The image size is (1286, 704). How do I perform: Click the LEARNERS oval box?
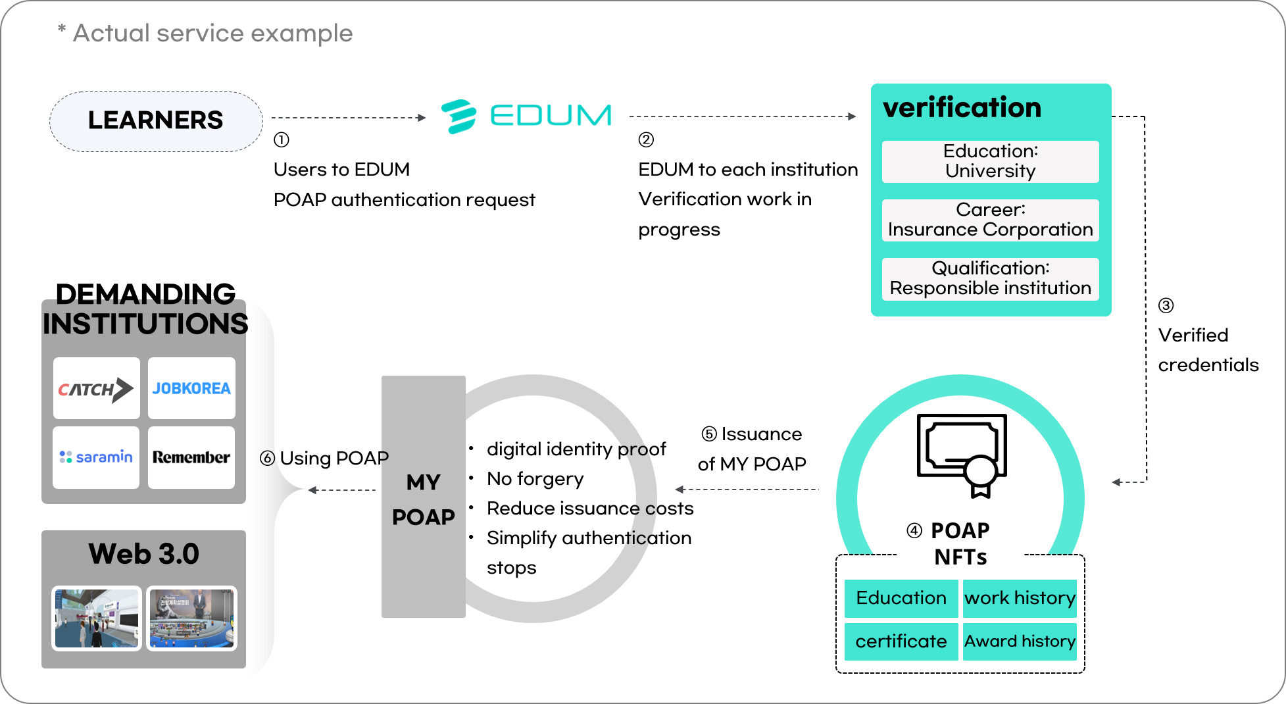[x=156, y=121]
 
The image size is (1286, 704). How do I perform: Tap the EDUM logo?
[x=526, y=116]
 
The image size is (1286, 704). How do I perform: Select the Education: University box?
[x=990, y=161]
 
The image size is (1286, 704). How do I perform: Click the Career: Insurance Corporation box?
[x=990, y=220]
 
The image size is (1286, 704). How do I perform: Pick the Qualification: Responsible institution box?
[x=990, y=278]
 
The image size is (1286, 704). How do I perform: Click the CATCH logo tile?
[x=96, y=388]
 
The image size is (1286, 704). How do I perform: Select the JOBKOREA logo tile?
[x=191, y=388]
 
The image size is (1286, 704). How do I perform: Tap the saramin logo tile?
[x=96, y=457]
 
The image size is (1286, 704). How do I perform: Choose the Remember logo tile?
[x=191, y=457]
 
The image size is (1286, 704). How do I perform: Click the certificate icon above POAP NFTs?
[x=962, y=454]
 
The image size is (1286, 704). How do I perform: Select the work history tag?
[x=1020, y=598]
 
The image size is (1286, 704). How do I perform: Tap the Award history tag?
[x=1020, y=641]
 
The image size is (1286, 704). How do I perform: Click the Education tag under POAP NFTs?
[x=901, y=598]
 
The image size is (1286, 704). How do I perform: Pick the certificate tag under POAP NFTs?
[x=901, y=641]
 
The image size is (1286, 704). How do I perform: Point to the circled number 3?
[x=1166, y=305]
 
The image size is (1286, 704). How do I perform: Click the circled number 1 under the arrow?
[x=282, y=140]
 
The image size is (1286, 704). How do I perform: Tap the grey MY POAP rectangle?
[x=423, y=497]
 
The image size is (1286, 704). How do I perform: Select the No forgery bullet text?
[x=535, y=479]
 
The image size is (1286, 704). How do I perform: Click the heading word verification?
[x=962, y=108]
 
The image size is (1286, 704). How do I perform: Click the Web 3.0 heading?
[x=143, y=554]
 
